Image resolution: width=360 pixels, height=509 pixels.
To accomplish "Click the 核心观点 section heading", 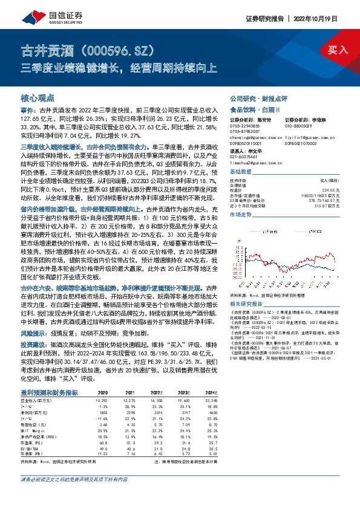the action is (x=38, y=97).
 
